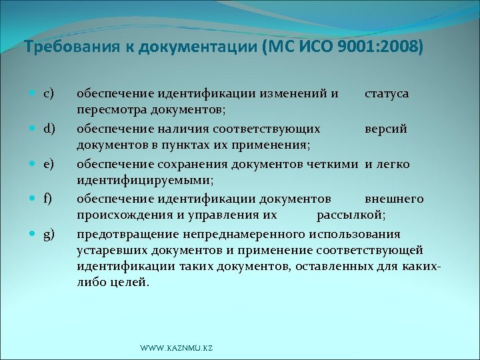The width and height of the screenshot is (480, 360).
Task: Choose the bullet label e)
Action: coord(49,163)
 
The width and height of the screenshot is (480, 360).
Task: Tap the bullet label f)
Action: coord(48,198)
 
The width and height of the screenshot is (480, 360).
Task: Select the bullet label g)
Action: coord(49,233)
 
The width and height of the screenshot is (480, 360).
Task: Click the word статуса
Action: coord(387,93)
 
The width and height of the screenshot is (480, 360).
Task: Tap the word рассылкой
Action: coord(351,215)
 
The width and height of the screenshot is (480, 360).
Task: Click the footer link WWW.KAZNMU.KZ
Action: coord(176,349)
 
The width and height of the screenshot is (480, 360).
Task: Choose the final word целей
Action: coord(129,282)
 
